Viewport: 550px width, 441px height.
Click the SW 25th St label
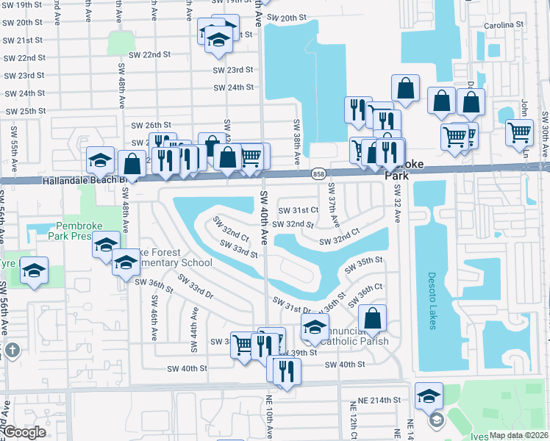click(26, 111)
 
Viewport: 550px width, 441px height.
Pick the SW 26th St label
click(151, 126)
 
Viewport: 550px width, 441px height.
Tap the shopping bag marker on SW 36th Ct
click(373, 318)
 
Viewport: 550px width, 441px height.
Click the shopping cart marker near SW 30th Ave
click(520, 132)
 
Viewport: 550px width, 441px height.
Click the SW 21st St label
click(24, 40)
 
